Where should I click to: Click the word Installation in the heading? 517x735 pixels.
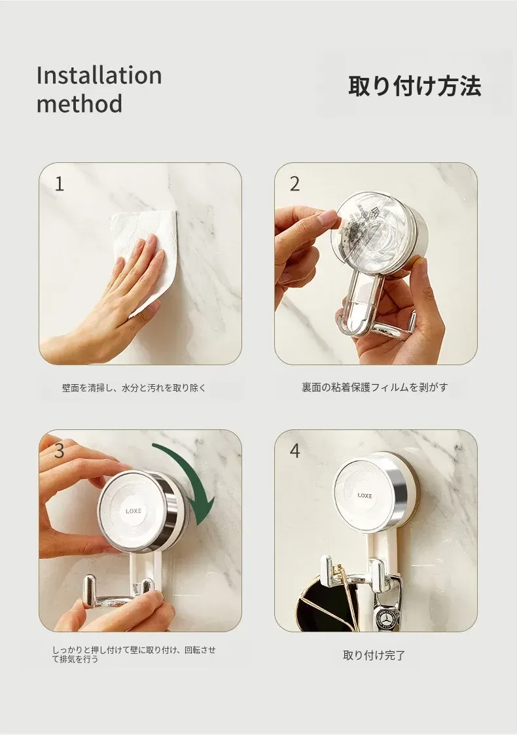pyautogui.click(x=99, y=75)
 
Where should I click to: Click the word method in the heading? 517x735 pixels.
pyautogui.click(x=79, y=103)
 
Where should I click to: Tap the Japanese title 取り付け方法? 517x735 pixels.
pyautogui.click(x=414, y=86)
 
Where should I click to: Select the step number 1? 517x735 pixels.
pyautogui.click(x=59, y=184)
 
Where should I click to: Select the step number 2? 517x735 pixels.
pyautogui.click(x=294, y=184)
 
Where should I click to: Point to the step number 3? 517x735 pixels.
pyautogui.click(x=59, y=450)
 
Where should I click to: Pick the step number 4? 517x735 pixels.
pyautogui.click(x=294, y=450)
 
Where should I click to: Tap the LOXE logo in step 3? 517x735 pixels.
pyautogui.click(x=133, y=511)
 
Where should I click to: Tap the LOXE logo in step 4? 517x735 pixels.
pyautogui.click(x=365, y=495)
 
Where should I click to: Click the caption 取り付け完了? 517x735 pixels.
pyautogui.click(x=374, y=655)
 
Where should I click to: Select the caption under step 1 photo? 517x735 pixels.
pyautogui.click(x=134, y=388)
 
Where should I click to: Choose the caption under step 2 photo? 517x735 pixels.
pyautogui.click(x=375, y=387)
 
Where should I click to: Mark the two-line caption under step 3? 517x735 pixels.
pyautogui.click(x=134, y=654)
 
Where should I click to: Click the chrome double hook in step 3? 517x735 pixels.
pyautogui.click(x=120, y=596)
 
